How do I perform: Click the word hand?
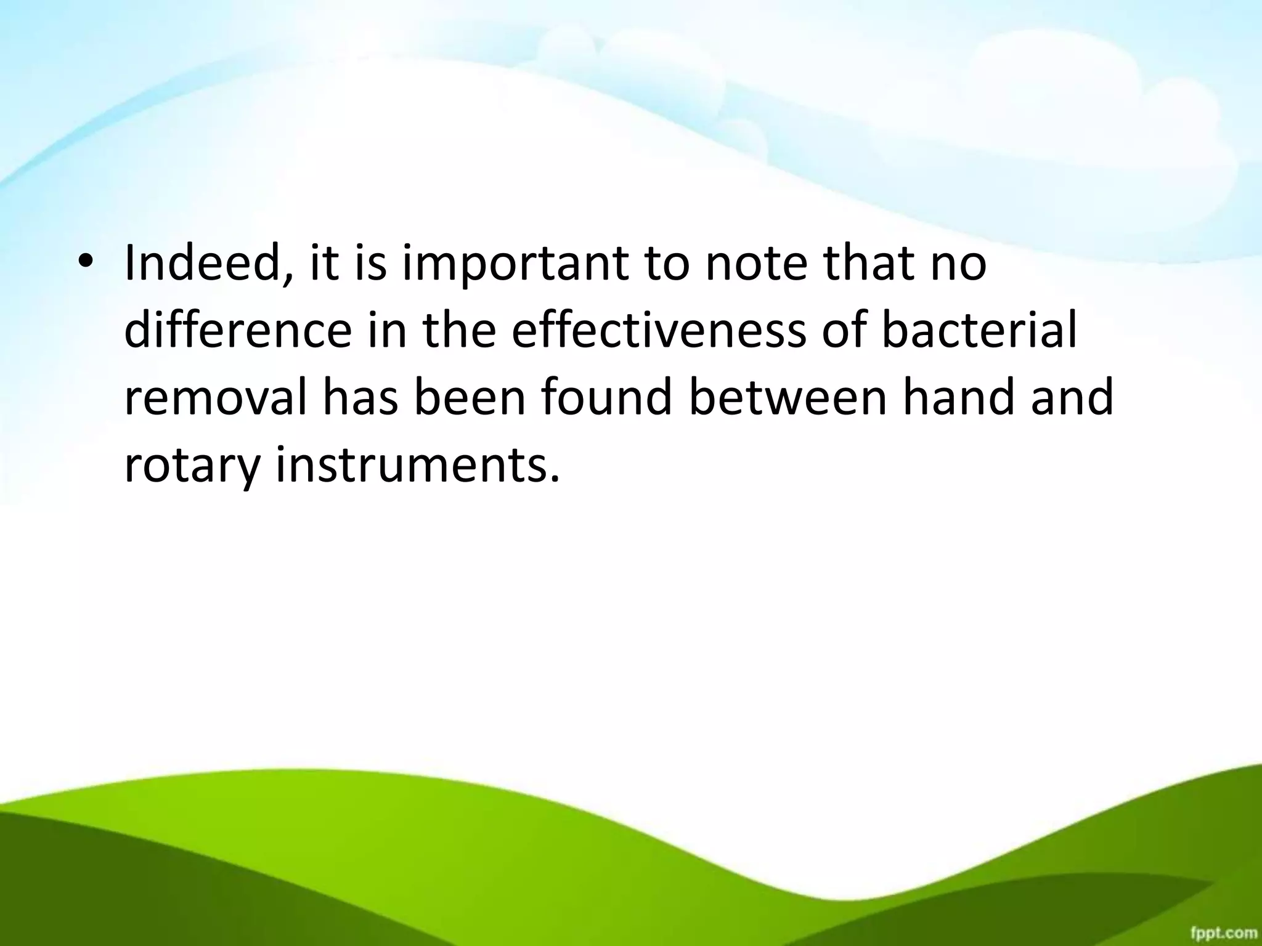[950, 397]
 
